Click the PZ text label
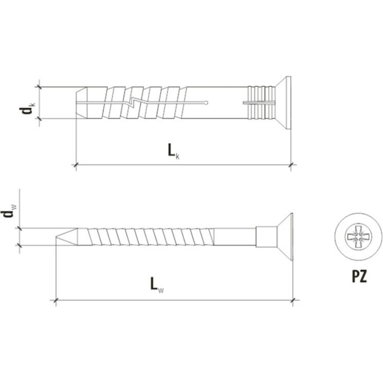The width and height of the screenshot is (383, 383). coord(359,276)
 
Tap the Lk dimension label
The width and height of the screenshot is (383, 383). coord(173,151)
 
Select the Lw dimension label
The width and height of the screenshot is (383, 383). coord(157,285)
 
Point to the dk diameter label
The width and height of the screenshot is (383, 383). coord(27,108)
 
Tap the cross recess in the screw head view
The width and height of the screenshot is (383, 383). coord(358,236)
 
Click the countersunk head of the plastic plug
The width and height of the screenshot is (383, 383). coord(283,103)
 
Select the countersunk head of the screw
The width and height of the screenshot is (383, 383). coord(285,237)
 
